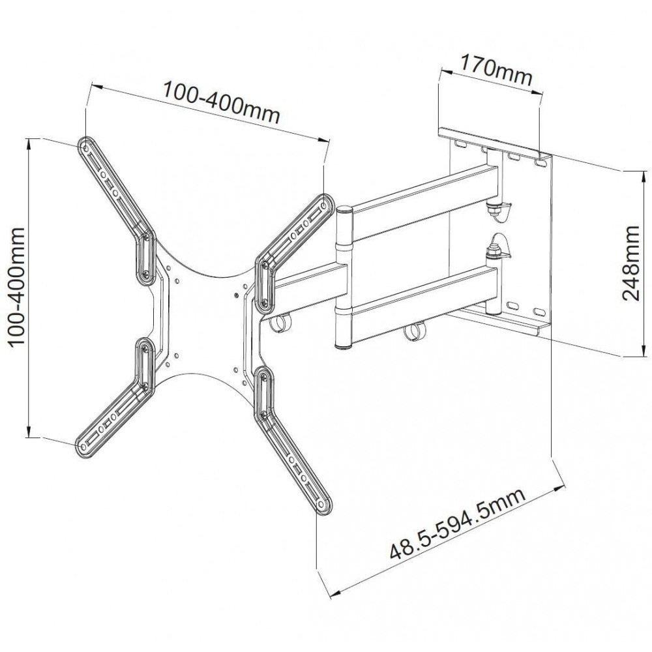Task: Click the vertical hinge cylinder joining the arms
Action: click(x=343, y=277)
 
